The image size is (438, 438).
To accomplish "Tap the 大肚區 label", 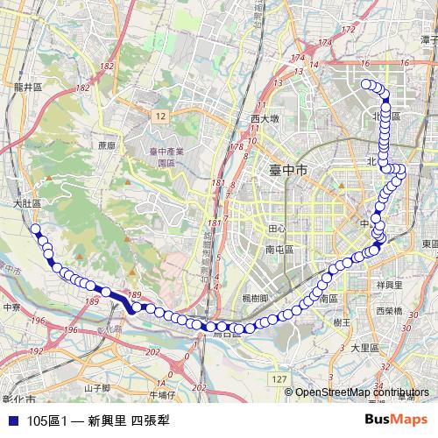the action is [28, 203].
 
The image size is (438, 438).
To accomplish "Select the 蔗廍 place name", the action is [107, 146].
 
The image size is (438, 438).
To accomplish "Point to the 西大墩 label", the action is [264, 118].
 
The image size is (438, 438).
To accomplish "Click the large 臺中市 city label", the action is [283, 173].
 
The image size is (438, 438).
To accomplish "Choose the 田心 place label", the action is [277, 228].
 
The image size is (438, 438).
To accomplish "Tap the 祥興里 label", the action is [388, 285].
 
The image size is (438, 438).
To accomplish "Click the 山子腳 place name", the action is [96, 387].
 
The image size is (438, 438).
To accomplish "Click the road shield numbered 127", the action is [279, 378].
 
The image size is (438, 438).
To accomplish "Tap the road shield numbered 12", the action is [159, 115].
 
